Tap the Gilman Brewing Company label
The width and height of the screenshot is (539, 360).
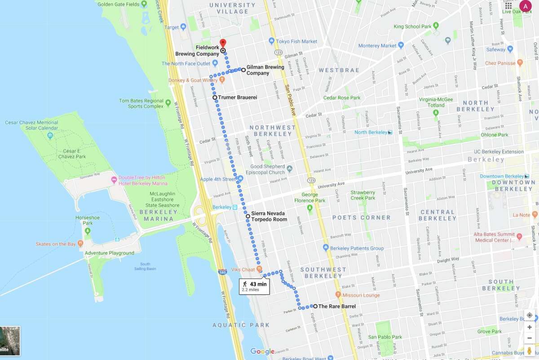(x=265, y=70)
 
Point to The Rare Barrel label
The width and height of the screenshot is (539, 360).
(x=336, y=307)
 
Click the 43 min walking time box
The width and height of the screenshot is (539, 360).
(x=255, y=286)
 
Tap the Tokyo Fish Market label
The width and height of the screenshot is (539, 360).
(x=296, y=41)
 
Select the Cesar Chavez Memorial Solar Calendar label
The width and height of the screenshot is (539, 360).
(x=31, y=125)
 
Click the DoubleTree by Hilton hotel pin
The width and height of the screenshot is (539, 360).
(x=114, y=180)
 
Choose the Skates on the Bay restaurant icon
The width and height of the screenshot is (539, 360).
(x=80, y=244)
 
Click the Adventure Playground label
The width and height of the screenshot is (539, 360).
(x=109, y=253)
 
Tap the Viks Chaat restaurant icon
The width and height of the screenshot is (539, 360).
(x=259, y=269)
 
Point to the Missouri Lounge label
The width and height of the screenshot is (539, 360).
(x=361, y=295)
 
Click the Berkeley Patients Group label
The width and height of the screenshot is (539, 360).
(x=357, y=248)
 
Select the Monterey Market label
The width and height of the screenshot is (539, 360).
(x=377, y=46)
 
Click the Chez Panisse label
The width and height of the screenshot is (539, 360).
(x=500, y=63)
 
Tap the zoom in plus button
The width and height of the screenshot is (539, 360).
(x=530, y=327)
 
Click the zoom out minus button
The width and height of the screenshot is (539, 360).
(x=530, y=338)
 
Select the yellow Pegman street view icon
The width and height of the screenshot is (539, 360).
(x=530, y=350)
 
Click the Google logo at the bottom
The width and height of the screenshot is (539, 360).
(x=262, y=351)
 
